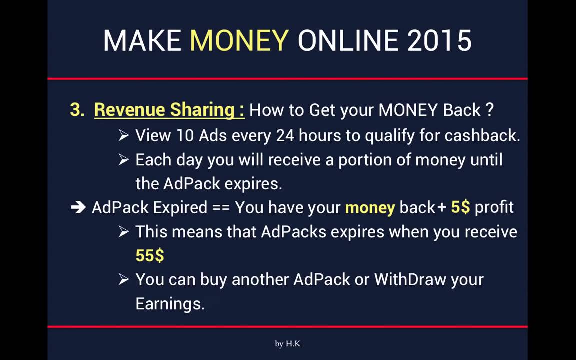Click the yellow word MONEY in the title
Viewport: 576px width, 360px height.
pyautogui.click(x=239, y=40)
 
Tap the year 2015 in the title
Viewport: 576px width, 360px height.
pyautogui.click(x=439, y=40)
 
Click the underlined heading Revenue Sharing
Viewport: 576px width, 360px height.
pyautogui.click(x=169, y=110)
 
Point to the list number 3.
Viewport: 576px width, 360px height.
pyautogui.click(x=77, y=110)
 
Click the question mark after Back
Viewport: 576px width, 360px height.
pyautogui.click(x=490, y=110)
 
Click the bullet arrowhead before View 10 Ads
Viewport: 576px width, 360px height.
pyautogui.click(x=124, y=135)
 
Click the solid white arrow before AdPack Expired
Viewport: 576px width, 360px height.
pyautogui.click(x=78, y=207)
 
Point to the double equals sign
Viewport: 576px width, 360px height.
pyautogui.click(x=221, y=207)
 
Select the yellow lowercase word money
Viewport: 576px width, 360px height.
pyautogui.click(x=370, y=207)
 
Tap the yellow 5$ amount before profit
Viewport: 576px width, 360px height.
pyautogui.click(x=460, y=207)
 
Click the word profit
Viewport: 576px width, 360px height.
pyautogui.click(x=494, y=207)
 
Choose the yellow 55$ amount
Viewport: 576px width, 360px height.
pyautogui.click(x=150, y=255)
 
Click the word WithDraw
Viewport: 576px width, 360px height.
pyautogui.click(x=410, y=279)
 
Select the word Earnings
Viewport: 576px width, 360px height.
pyautogui.click(x=170, y=303)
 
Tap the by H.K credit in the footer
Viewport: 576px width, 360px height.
pyautogui.click(x=287, y=344)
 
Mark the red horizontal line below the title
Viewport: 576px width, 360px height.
pyautogui.click(x=287, y=78)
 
